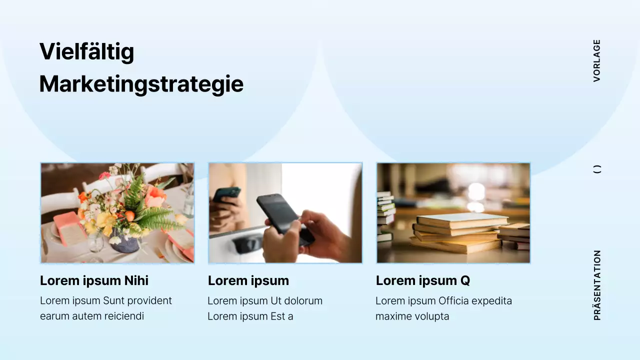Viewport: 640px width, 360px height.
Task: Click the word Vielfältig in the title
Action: tap(86, 51)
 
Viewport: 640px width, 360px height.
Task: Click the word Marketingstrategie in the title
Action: tap(141, 84)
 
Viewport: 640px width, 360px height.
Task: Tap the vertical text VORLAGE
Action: tap(596, 60)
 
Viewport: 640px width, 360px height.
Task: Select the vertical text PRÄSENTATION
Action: tap(597, 285)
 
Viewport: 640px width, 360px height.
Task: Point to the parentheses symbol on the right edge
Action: tap(597, 169)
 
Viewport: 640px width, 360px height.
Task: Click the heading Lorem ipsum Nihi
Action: tap(94, 280)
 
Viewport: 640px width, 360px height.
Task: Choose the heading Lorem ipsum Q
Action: tap(422, 280)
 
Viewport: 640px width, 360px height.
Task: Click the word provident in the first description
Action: tap(149, 301)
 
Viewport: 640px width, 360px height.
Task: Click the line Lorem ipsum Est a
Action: tap(250, 316)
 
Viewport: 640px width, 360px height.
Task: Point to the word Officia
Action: tap(456, 301)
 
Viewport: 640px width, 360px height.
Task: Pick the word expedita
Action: tap(494, 301)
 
